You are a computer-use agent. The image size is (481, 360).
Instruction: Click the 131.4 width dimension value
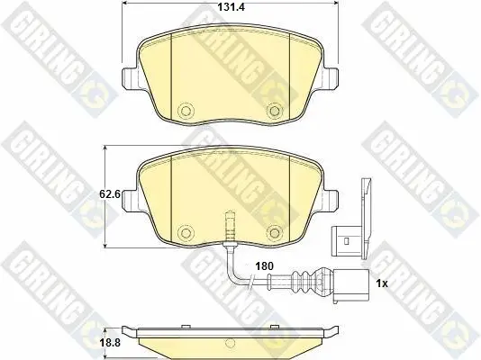(231, 7)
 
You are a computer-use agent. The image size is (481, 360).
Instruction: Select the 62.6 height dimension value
(110, 193)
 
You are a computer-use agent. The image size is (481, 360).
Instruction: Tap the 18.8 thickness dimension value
(111, 343)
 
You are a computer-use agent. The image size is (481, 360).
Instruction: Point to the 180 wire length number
(265, 265)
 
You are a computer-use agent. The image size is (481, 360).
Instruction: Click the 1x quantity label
(382, 283)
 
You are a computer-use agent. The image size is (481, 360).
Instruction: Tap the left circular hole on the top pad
(186, 111)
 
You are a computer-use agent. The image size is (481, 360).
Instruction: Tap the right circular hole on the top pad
(273, 111)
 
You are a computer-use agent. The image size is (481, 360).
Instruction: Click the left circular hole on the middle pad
(186, 232)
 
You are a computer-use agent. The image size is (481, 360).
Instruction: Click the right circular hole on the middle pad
(273, 232)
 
